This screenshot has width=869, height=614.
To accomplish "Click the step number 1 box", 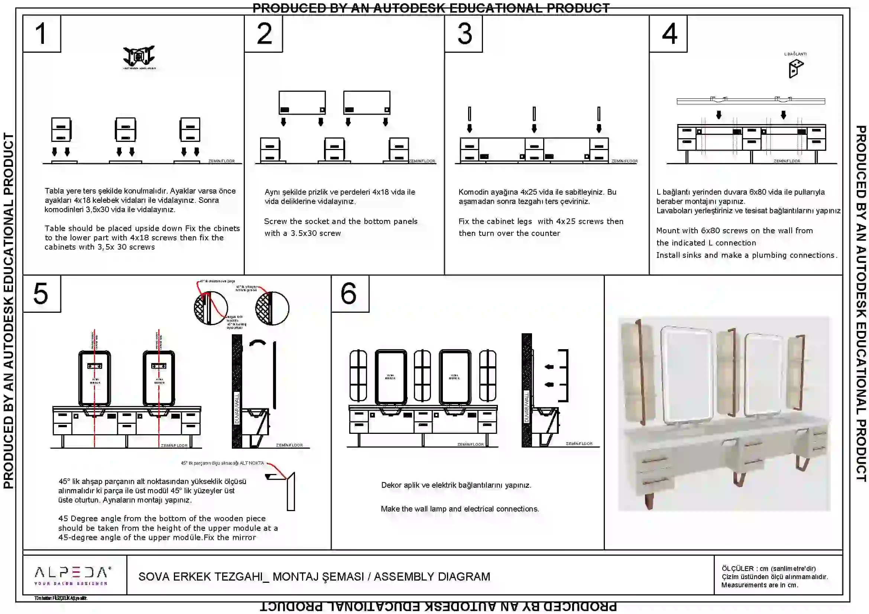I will (42, 33).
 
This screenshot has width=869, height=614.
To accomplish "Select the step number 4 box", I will (668, 33).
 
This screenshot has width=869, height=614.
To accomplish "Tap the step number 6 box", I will (350, 293).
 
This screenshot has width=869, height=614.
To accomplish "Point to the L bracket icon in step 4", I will (795, 69).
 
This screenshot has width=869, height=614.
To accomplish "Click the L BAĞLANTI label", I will (795, 54).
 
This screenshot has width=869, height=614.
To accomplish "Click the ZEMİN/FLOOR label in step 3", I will (625, 161).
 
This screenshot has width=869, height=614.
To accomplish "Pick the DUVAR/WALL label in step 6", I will (526, 407).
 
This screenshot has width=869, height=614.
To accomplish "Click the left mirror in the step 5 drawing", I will (95, 378).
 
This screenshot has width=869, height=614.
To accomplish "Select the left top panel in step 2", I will (302, 103).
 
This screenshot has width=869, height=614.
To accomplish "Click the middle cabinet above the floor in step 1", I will (126, 130).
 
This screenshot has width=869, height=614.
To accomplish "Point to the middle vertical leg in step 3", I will (534, 114).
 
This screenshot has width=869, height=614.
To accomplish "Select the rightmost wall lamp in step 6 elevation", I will (487, 376).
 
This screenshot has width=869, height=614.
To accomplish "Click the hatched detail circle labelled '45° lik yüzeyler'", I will (272, 308).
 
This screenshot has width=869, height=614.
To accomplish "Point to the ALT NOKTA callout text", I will (222, 463).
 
